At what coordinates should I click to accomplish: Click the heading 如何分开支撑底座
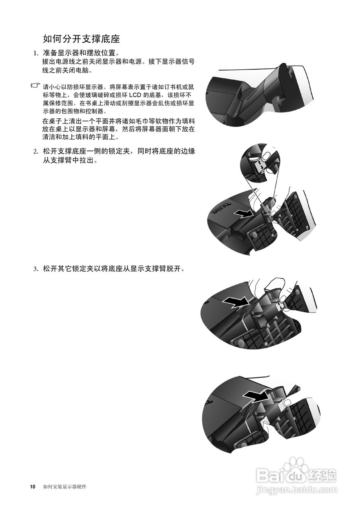pos(81,39)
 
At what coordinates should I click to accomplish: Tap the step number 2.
pos(35,151)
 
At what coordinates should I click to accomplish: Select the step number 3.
pos(35,269)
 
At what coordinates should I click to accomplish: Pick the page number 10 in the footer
pos(33,487)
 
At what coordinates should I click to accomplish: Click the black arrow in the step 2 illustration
pos(243,214)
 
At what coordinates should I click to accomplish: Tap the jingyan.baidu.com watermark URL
pos(297,489)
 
